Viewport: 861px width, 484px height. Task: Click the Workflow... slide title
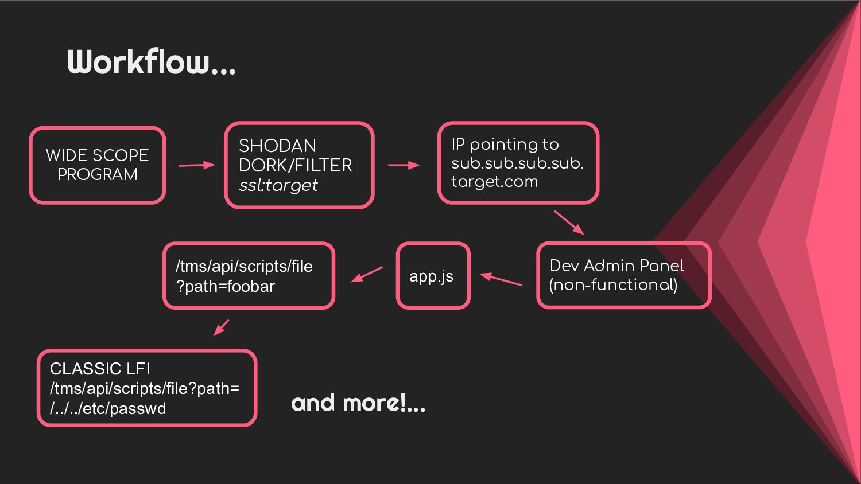pyautogui.click(x=152, y=61)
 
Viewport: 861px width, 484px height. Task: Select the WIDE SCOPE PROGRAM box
pyautogui.click(x=98, y=165)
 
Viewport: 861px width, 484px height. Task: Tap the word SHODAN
pyautogui.click(x=277, y=146)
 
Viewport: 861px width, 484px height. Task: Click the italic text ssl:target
pyautogui.click(x=278, y=185)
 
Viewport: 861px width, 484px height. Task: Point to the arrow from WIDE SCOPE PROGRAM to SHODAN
pyautogui.click(x=196, y=165)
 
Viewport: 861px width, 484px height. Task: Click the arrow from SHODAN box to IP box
pyautogui.click(x=404, y=165)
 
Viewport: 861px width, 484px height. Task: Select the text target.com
pyautogui.click(x=494, y=182)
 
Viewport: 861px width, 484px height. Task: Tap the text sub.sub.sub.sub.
pyautogui.click(x=517, y=163)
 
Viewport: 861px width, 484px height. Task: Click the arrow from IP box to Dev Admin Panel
pyautogui.click(x=569, y=223)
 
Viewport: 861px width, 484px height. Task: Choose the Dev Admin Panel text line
pyautogui.click(x=616, y=266)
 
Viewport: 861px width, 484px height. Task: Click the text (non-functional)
pyautogui.click(x=613, y=285)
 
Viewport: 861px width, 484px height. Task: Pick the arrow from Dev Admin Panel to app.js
pyautogui.click(x=501, y=279)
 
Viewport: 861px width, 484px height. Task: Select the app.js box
pyautogui.click(x=433, y=276)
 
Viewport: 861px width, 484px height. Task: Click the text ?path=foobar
pyautogui.click(x=226, y=286)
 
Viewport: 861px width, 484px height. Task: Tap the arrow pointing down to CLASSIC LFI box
pyautogui.click(x=221, y=327)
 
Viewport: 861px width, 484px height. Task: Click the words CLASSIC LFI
pyautogui.click(x=100, y=369)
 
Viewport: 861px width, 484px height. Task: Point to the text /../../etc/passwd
pyautogui.click(x=108, y=408)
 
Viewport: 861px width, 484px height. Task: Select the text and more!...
pyautogui.click(x=358, y=403)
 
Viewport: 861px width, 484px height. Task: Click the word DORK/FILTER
pyautogui.click(x=295, y=165)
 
